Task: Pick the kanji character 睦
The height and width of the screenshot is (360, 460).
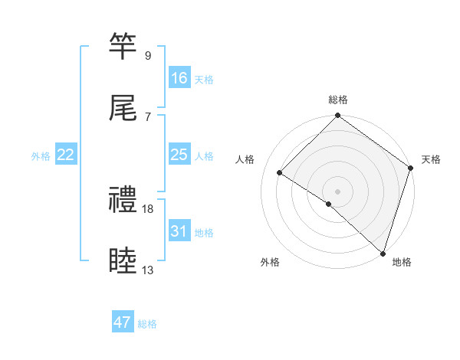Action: (124, 260)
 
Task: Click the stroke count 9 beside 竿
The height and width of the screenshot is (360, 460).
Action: (148, 56)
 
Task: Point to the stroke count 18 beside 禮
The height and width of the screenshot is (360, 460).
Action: (148, 208)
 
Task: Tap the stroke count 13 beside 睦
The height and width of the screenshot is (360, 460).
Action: (148, 270)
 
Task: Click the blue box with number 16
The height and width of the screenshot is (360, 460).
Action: (179, 78)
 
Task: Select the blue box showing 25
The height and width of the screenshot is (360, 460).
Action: (179, 155)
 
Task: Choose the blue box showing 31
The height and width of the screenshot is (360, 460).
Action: (179, 231)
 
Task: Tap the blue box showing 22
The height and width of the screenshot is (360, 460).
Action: (66, 155)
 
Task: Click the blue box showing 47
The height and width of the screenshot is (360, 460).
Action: (123, 322)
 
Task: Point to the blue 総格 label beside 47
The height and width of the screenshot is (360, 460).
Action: (147, 324)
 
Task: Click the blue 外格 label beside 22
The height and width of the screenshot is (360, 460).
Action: (41, 156)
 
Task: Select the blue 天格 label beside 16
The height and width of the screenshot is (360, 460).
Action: (204, 80)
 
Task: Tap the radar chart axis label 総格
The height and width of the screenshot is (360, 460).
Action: (338, 100)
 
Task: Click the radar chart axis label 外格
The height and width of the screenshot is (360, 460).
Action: (270, 262)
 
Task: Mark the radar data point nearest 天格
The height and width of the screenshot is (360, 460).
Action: (411, 169)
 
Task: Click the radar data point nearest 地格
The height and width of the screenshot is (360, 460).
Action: (383, 253)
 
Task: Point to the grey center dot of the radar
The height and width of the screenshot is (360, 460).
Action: (338, 191)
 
